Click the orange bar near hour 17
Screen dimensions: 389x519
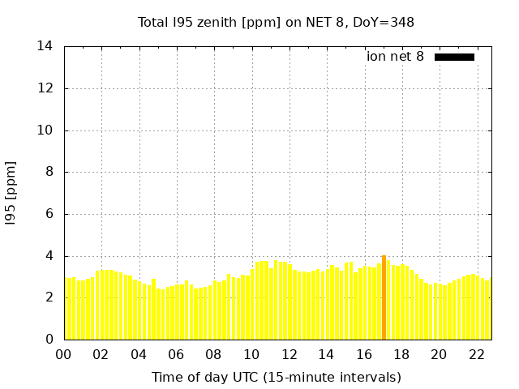pos(384,297)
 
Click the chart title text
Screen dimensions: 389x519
pos(276,23)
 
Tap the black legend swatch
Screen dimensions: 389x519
pos(454,57)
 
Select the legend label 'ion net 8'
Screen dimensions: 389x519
pos(395,57)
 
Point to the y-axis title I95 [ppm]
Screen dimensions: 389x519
pos(11,193)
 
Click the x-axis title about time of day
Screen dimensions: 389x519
pos(276,377)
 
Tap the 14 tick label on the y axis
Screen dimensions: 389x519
pos(45,46)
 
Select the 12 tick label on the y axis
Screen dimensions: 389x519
pos(45,88)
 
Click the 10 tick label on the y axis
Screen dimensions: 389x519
pos(45,130)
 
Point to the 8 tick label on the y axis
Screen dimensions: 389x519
pos(49,172)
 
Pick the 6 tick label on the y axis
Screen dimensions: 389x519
pos(49,214)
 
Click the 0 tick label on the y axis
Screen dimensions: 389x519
pos(49,340)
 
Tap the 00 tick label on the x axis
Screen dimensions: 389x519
pos(64,354)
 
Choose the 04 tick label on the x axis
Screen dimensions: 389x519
pos(139,354)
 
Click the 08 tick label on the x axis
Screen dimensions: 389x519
pos(213,354)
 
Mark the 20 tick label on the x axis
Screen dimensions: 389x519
pos(439,354)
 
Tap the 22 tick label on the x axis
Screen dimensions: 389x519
pos(476,354)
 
